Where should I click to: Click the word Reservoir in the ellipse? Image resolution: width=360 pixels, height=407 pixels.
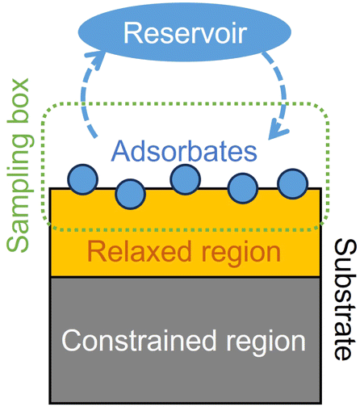click(x=185, y=33)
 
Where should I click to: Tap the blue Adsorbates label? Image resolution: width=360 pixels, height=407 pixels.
click(x=184, y=151)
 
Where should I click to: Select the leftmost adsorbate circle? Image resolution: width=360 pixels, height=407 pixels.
click(x=82, y=179)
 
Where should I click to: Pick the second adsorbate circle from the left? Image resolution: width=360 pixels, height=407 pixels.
click(x=131, y=194)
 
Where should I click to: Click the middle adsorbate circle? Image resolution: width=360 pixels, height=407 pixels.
click(x=186, y=179)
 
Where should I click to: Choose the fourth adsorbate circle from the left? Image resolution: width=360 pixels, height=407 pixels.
click(x=243, y=188)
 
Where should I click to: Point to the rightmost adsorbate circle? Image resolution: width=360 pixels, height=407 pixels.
click(x=293, y=183)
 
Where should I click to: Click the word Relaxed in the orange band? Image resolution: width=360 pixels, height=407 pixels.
click(x=140, y=251)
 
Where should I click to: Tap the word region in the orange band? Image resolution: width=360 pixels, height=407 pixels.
click(x=241, y=254)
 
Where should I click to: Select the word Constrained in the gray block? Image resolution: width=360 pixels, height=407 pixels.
click(x=139, y=341)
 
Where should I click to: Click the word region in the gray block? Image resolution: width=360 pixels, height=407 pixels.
click(x=266, y=343)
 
